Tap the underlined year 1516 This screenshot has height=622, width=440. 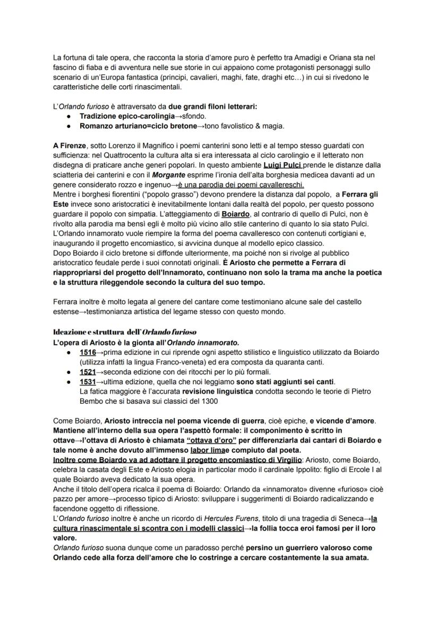pyautogui.click(x=88, y=352)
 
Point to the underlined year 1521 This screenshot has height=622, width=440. pyautogui.click(x=88, y=371)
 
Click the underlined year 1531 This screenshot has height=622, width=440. pyautogui.click(x=88, y=382)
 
